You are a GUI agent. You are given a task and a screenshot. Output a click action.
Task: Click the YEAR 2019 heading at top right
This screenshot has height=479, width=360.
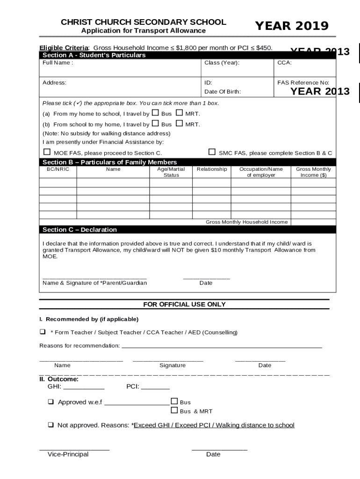291,26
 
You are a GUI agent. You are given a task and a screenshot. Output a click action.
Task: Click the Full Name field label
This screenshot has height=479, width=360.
58,63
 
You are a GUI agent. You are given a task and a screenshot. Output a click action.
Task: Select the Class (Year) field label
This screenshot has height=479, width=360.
222,63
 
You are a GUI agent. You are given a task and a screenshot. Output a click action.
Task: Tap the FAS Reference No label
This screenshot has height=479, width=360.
306,83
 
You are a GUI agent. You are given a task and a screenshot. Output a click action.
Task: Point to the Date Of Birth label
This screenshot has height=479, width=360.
223,92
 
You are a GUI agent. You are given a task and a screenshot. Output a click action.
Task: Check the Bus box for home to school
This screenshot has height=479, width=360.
156,113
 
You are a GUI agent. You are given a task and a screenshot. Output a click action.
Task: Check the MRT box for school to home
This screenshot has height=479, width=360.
180,124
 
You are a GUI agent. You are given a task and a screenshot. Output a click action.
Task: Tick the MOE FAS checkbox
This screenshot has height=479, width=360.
47,152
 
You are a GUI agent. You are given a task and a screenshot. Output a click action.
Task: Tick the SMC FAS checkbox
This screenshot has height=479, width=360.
212,152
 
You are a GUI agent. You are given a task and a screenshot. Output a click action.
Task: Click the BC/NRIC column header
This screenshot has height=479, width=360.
58,169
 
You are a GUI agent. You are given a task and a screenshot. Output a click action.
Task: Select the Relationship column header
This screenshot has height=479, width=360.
212,169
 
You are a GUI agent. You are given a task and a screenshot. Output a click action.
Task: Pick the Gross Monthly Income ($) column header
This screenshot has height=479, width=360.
313,172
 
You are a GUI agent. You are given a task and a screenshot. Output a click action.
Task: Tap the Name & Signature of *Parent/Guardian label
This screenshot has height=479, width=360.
94,283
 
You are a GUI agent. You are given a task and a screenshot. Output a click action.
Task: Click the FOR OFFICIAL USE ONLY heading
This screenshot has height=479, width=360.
184,305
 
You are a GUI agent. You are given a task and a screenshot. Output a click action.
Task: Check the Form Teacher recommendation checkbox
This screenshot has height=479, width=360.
43,332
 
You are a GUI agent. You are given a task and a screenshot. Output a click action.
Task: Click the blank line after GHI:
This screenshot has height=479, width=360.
84,387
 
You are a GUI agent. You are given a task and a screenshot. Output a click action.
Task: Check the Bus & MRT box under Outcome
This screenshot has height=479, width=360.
174,411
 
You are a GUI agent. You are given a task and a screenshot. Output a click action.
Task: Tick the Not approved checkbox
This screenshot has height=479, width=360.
50,425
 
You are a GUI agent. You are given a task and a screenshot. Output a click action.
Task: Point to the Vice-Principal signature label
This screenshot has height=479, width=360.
68,454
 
